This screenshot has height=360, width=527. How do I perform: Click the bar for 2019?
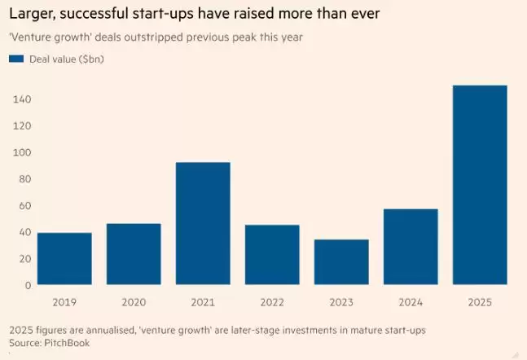(x=64, y=259)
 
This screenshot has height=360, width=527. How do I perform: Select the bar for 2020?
(x=134, y=254)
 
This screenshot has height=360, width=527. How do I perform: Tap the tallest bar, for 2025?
(x=480, y=186)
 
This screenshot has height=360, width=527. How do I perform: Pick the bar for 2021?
(x=203, y=224)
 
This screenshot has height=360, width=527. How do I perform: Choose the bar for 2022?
(x=272, y=255)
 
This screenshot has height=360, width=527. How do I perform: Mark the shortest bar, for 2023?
(x=341, y=262)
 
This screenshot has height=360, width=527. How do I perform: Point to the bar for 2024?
(x=411, y=247)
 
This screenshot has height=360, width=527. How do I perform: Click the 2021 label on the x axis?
(x=203, y=302)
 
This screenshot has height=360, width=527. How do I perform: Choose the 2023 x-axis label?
(x=341, y=302)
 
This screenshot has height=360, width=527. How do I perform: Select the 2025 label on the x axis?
(x=480, y=302)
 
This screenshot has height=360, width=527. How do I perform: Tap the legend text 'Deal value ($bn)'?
(x=66, y=59)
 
